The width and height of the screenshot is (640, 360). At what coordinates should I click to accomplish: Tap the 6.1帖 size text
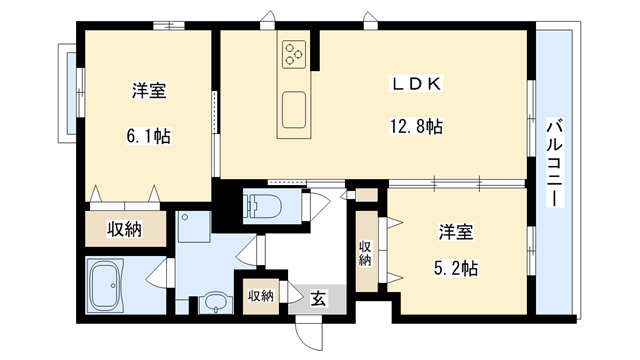pos(149,135)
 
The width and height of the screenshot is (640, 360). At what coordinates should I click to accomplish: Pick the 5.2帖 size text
pos(455,267)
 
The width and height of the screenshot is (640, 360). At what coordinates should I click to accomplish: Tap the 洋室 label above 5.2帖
pos(454,233)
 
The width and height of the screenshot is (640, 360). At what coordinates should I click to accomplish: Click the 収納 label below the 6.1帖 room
pos(125,229)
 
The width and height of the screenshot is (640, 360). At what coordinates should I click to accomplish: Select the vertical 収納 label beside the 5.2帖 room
pos(366,253)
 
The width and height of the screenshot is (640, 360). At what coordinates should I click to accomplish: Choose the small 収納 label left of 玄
pos(260,296)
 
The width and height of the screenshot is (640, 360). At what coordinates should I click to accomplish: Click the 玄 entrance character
pos(316,297)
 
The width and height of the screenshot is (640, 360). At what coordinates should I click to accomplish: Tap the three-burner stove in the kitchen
pos(295,52)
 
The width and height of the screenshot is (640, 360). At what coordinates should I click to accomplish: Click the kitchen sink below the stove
pos(294,109)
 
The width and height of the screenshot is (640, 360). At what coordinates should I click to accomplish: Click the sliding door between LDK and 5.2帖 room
pos(455,183)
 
